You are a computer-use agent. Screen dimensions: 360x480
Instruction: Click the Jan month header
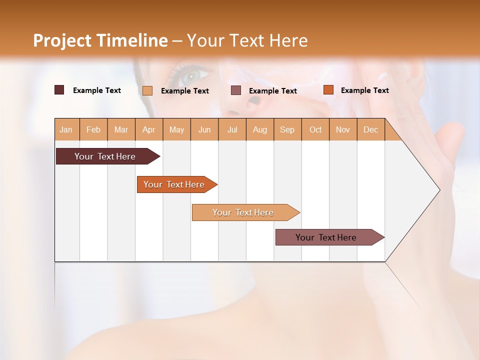[x=66, y=129]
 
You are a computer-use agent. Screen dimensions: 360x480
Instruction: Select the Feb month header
[x=93, y=129]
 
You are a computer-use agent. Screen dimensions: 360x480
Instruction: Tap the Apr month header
[x=149, y=129]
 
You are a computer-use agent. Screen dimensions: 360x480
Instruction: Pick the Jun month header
[x=204, y=129]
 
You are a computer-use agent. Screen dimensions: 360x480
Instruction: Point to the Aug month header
[x=260, y=129]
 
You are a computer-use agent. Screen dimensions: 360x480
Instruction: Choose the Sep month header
[x=287, y=129]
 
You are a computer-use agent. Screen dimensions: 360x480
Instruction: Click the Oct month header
[x=315, y=129]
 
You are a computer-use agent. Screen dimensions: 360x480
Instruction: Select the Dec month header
[x=370, y=129]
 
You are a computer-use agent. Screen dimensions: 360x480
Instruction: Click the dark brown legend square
[x=59, y=90]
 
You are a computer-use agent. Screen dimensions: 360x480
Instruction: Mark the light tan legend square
[x=147, y=90]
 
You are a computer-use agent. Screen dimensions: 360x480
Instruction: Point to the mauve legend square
[x=236, y=90]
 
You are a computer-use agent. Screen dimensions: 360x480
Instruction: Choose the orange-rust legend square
[x=328, y=90]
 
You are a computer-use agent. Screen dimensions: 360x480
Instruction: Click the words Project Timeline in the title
[x=100, y=40]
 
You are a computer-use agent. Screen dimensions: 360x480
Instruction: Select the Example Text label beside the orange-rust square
[x=364, y=90]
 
